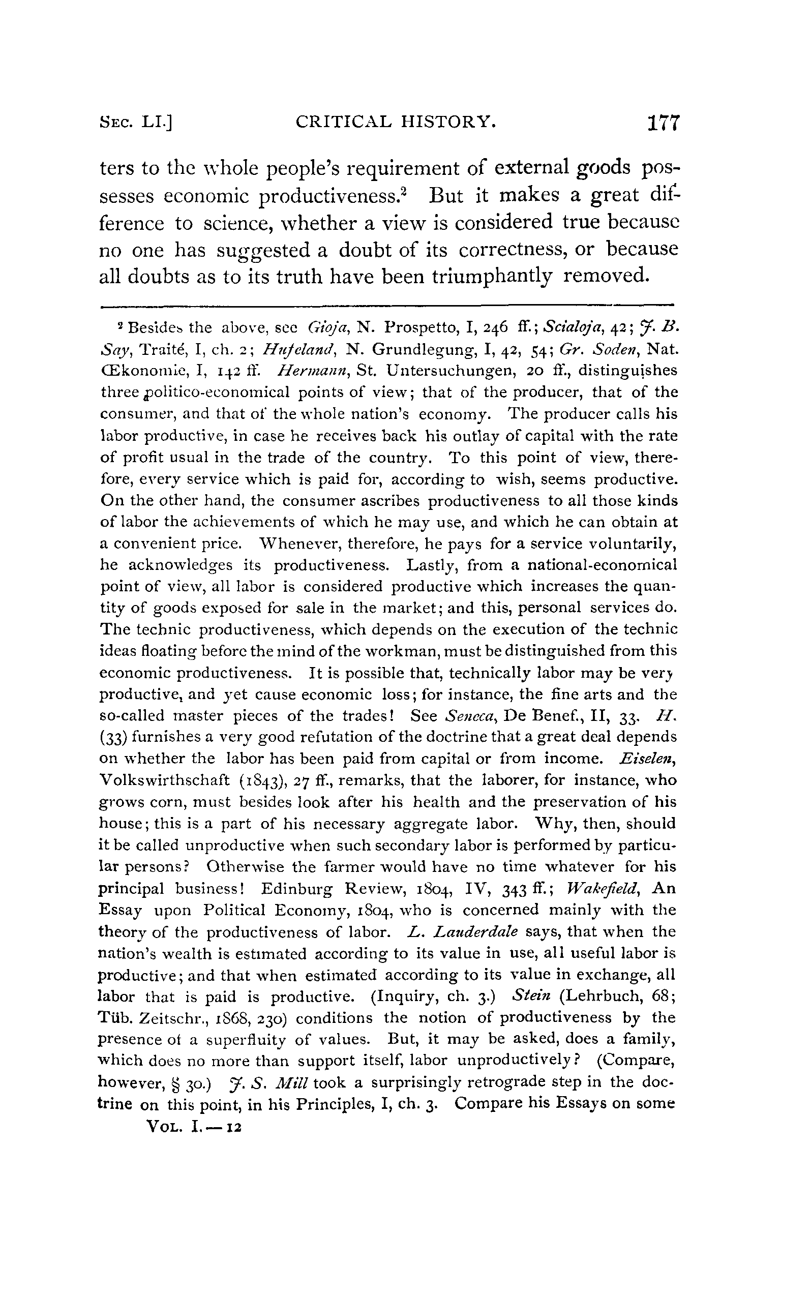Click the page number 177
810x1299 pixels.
click(663, 124)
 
